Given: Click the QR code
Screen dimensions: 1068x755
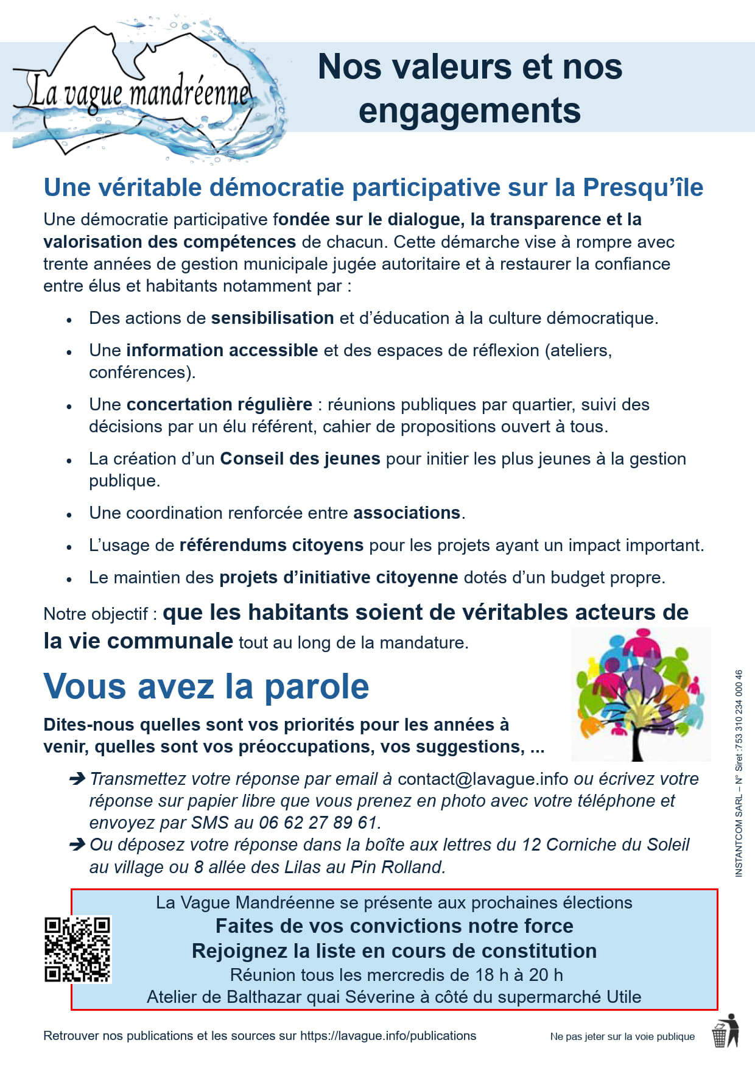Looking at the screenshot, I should [x=77, y=949].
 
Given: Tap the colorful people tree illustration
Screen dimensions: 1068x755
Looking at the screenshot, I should [x=641, y=695].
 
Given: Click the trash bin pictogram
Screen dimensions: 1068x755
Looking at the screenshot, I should [x=725, y=1031].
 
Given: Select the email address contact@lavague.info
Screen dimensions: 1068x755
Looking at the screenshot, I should [x=483, y=779].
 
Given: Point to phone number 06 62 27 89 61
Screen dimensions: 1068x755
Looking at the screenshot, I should [x=318, y=823].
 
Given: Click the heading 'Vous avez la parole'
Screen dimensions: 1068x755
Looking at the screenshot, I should [x=206, y=687].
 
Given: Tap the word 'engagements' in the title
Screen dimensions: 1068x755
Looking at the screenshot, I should [x=469, y=111].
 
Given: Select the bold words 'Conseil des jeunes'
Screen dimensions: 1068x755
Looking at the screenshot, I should [x=300, y=458].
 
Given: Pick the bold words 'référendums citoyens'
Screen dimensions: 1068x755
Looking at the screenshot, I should [x=272, y=545].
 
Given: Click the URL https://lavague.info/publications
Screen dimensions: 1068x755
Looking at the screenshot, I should [x=388, y=1036].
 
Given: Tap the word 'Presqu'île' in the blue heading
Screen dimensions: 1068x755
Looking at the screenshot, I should [x=643, y=188].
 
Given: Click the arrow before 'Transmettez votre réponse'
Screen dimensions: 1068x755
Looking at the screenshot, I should [x=77, y=778].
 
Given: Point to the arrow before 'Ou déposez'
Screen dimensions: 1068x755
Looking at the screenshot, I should [x=77, y=845].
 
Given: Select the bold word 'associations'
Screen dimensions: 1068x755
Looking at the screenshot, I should [x=407, y=513].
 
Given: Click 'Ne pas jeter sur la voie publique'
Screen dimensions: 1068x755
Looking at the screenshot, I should [x=622, y=1036].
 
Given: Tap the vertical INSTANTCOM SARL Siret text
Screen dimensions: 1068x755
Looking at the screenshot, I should [x=739, y=773].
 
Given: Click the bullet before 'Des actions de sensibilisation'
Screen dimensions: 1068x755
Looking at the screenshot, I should [x=69, y=320].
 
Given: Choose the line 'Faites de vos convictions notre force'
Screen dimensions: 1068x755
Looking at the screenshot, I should [x=395, y=926].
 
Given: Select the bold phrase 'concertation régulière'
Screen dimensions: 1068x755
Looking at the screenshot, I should [x=219, y=404].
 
